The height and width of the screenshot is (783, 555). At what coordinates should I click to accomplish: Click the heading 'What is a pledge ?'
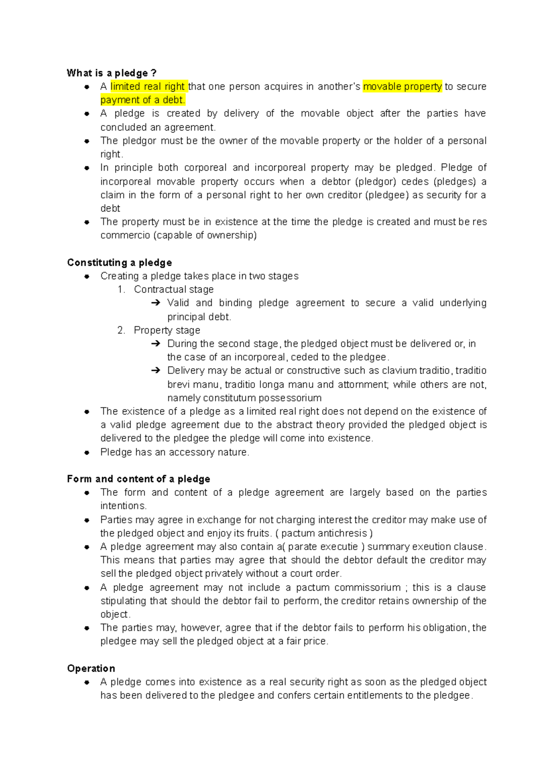[111, 73]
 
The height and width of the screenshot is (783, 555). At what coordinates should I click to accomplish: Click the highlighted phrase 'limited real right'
[148, 86]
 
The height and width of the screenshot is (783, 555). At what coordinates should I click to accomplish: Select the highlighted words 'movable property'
[402, 86]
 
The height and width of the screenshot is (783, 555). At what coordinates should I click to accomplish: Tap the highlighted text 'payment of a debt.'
[142, 100]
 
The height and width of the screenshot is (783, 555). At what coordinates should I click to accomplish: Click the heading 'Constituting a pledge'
[119, 263]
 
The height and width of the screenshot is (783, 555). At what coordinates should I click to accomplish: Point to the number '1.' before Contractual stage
[121, 289]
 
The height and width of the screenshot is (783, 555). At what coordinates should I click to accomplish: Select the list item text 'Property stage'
[167, 330]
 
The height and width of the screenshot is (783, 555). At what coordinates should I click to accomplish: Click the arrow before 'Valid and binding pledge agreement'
[155, 303]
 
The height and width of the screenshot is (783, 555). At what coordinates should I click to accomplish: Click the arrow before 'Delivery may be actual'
[155, 371]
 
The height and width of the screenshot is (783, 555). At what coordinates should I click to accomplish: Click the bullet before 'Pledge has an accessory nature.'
[86, 453]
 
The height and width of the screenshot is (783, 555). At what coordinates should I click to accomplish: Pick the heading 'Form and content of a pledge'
[138, 479]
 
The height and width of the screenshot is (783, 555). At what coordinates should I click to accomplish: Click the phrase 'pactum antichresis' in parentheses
[324, 533]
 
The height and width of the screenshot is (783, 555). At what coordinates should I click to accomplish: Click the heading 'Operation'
[91, 668]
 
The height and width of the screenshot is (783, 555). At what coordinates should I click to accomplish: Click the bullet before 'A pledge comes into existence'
[86, 682]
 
